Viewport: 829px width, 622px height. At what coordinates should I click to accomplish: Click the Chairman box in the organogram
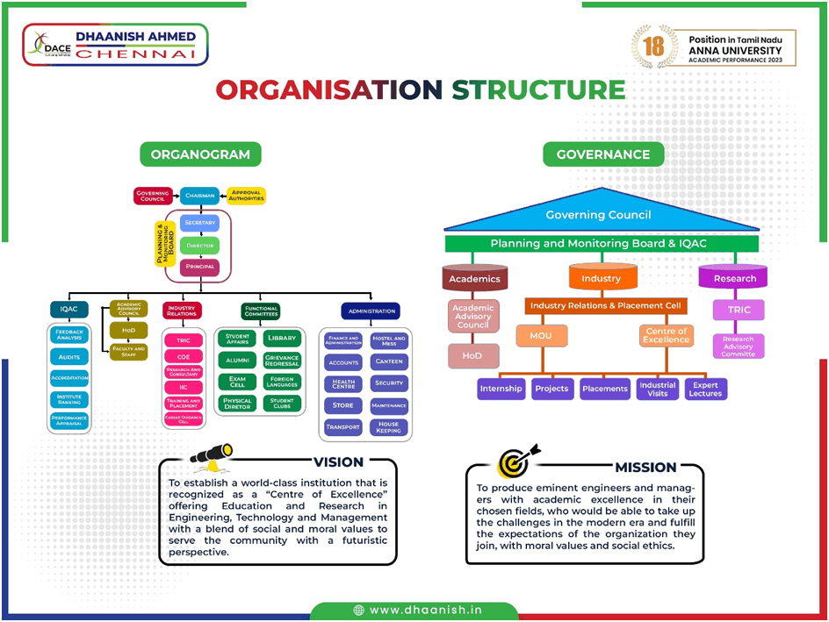(x=200, y=196)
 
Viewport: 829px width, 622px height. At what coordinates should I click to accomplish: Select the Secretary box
(x=200, y=223)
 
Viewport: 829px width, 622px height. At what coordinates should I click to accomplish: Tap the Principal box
(x=200, y=267)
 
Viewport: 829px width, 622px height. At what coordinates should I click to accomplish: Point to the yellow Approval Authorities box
(x=246, y=196)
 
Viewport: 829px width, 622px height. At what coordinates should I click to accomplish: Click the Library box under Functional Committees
(x=282, y=338)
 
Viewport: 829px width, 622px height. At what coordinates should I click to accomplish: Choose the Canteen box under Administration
(x=388, y=361)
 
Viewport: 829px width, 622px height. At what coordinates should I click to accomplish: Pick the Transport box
(x=342, y=427)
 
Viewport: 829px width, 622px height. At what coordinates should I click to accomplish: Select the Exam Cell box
(x=237, y=382)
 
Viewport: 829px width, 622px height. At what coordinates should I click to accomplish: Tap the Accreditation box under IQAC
(x=69, y=378)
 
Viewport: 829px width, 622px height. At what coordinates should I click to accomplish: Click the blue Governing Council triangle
(x=599, y=214)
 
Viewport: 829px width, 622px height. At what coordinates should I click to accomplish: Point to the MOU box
(x=541, y=334)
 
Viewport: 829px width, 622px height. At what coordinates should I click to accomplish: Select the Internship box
(x=501, y=389)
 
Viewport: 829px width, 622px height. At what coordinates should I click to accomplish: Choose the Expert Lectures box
(x=705, y=389)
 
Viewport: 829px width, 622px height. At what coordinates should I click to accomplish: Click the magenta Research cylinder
(x=734, y=278)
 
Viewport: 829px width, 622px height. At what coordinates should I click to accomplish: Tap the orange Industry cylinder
(x=602, y=278)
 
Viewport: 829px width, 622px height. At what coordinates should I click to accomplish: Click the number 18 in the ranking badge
(x=654, y=46)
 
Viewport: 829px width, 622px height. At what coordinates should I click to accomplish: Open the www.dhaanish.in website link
(x=414, y=611)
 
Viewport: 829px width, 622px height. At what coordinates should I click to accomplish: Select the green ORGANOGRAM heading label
(x=200, y=154)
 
